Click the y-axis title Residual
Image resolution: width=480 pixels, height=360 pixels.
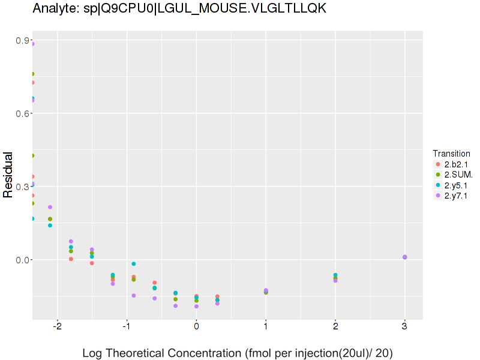coord(8,174)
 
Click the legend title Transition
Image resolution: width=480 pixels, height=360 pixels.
coord(451,153)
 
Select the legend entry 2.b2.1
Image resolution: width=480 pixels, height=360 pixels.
coord(456,164)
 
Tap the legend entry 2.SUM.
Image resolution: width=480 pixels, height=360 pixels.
coord(457,175)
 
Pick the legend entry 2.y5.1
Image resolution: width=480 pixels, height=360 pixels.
coord(456,185)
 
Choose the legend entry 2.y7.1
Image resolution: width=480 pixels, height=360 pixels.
coord(456,196)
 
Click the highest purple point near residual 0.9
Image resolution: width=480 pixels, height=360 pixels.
coord(32,44)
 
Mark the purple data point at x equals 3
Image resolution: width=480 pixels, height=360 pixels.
coord(405,257)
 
